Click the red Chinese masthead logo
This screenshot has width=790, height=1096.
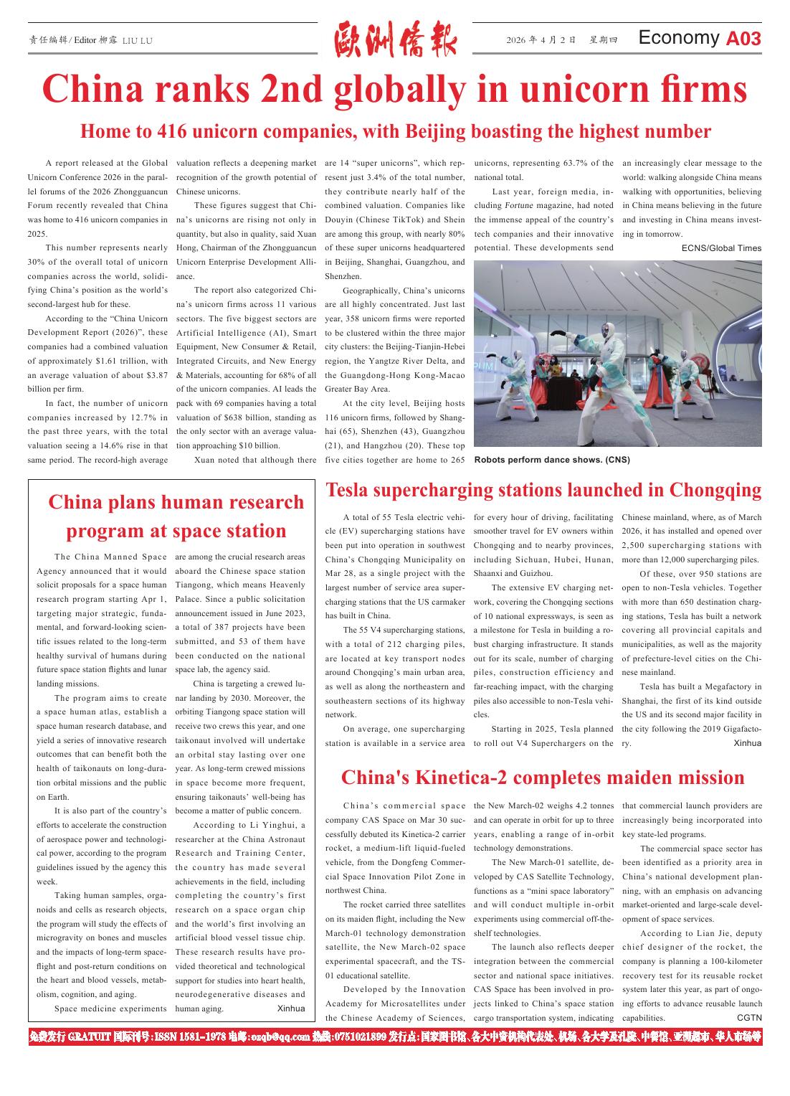click(395, 40)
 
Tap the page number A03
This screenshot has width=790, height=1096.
click(743, 39)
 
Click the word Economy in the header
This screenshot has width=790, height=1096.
click(678, 38)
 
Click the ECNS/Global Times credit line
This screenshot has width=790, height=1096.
click(721, 248)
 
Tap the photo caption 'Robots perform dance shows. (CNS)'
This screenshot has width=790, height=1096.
click(552, 460)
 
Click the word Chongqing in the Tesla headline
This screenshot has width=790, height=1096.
click(715, 491)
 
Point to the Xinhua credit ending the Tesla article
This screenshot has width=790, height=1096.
click(747, 743)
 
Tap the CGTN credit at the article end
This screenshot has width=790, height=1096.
click(749, 1018)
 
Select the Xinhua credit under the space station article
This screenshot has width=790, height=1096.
click(290, 1008)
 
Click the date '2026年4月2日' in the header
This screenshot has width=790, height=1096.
click(541, 40)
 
